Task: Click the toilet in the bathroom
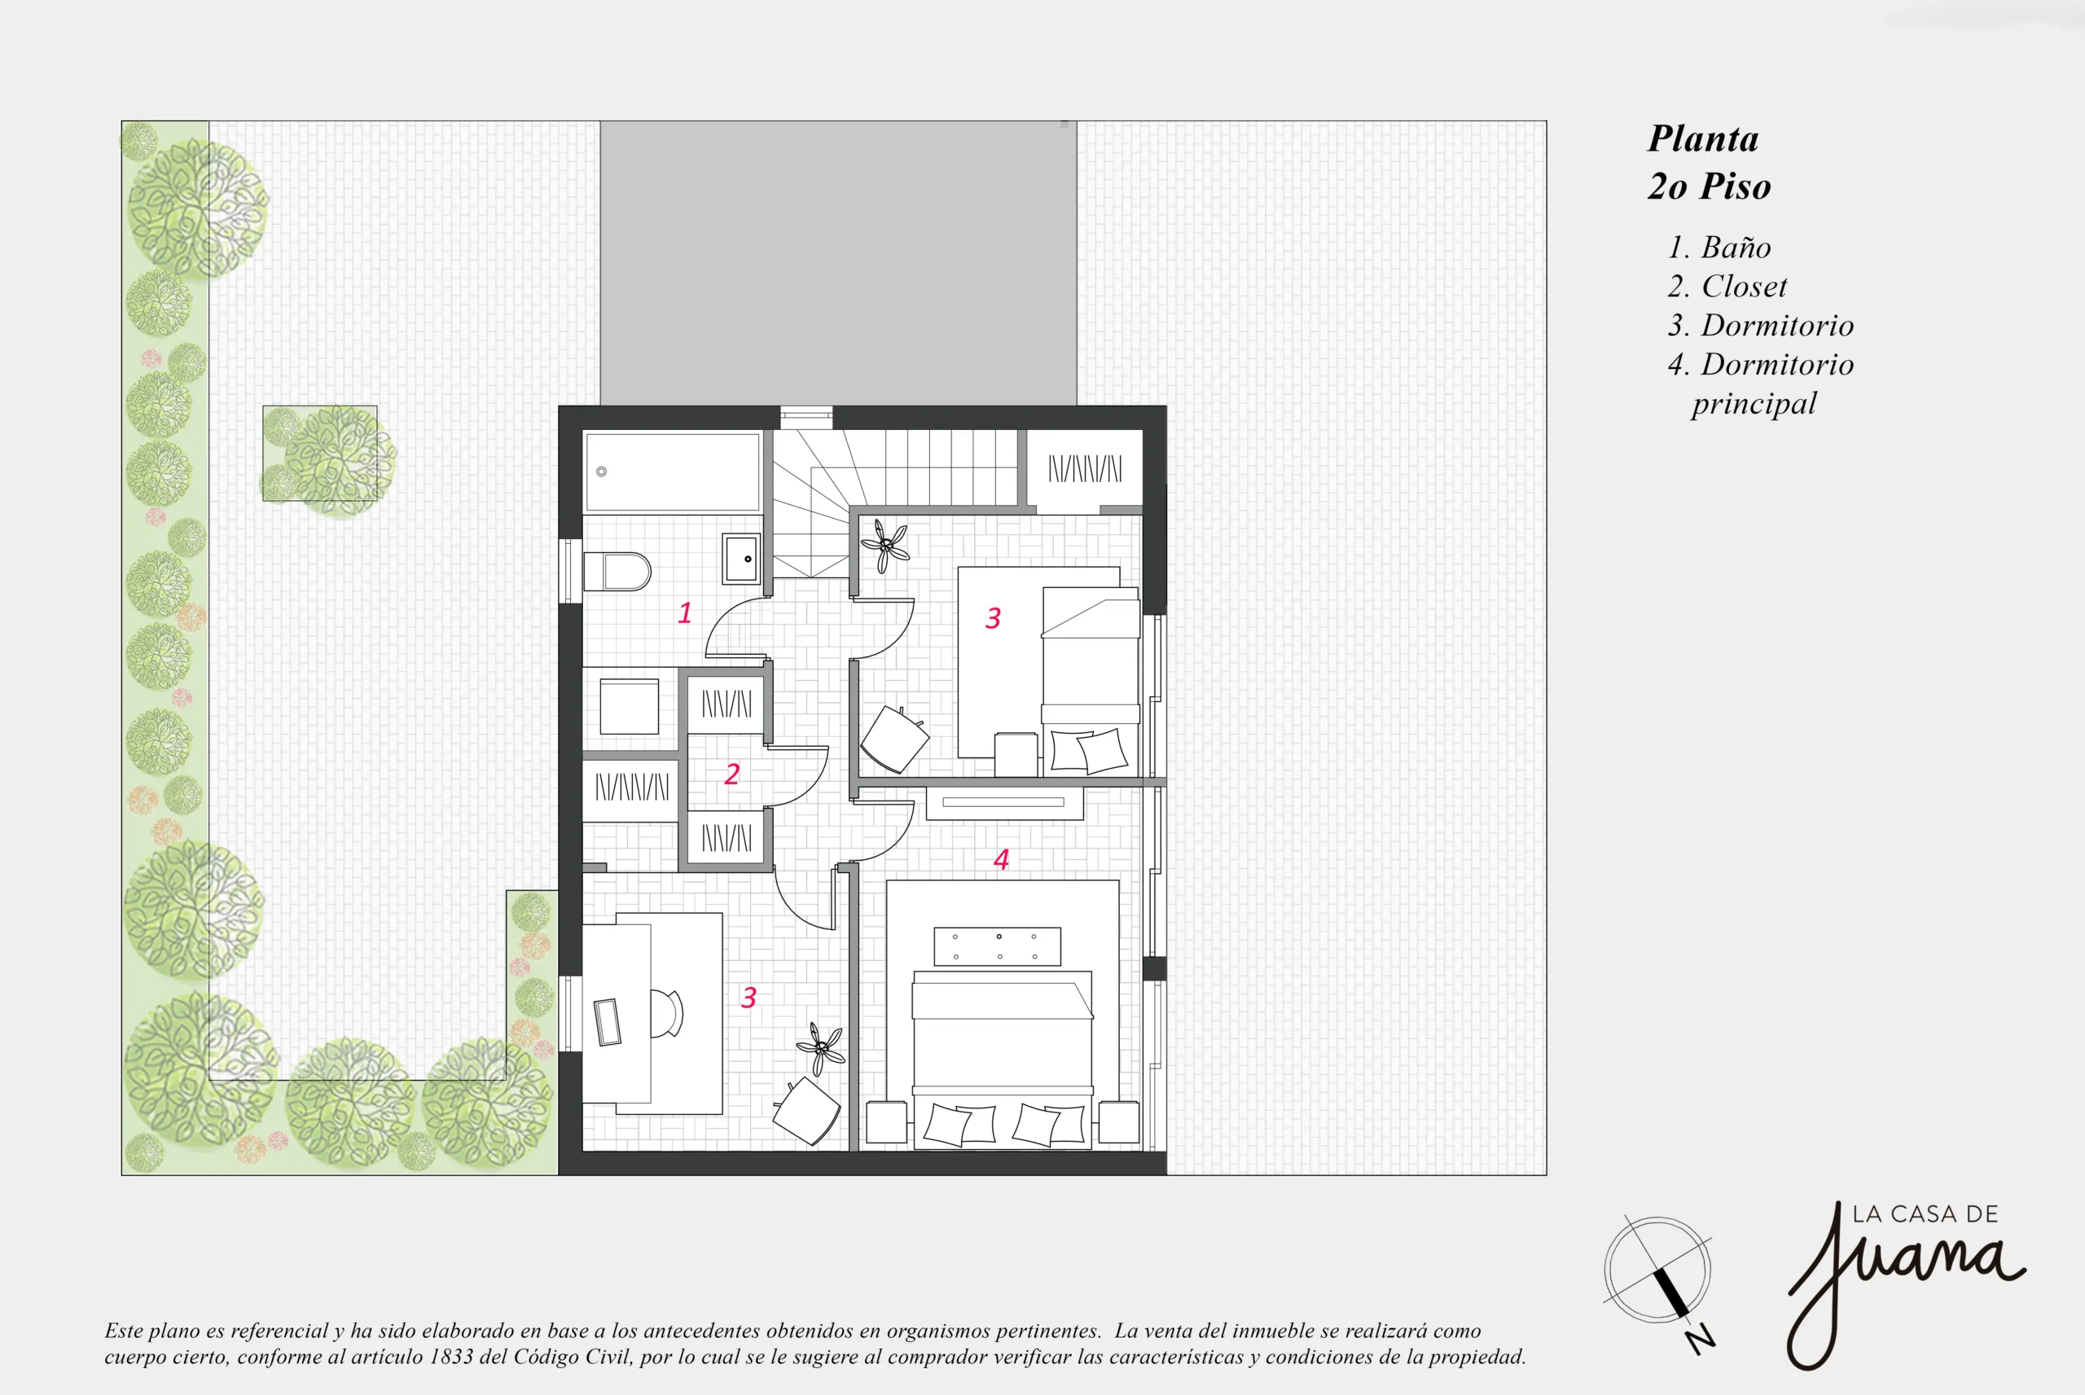pos(617,571)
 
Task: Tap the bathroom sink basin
pos(741,559)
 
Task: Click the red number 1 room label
pos(685,613)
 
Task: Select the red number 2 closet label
pos(732,774)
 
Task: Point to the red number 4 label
pos(1002,859)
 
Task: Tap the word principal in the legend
pos(1754,404)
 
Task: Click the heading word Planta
pos(1702,138)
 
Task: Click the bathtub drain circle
pos(601,472)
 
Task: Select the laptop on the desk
pos(608,1022)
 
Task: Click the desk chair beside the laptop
pos(667,1013)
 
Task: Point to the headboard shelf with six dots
pos(997,946)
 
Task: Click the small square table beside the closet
pos(629,706)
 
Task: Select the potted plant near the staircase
pos(884,546)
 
